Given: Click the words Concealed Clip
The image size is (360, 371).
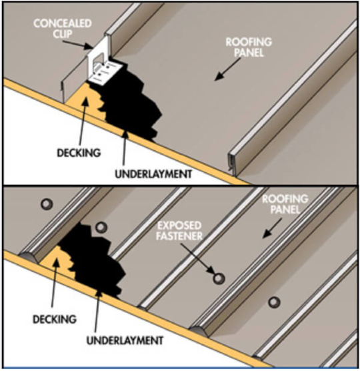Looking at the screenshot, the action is pyautogui.click(x=63, y=29).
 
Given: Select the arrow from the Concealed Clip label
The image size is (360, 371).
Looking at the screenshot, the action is pyautogui.click(x=77, y=45).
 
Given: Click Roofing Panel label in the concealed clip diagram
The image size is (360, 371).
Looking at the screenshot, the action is pyautogui.click(x=249, y=47).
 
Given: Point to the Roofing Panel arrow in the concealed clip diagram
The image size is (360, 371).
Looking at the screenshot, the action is pyautogui.click(x=228, y=69).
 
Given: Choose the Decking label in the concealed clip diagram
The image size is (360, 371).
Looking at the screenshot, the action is pyautogui.click(x=79, y=153).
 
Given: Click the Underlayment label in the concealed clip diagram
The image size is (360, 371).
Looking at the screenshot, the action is pyautogui.click(x=153, y=174).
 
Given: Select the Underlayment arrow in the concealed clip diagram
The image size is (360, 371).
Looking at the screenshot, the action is pyautogui.click(x=125, y=148).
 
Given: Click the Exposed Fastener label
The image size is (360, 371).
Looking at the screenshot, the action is pyautogui.click(x=179, y=231).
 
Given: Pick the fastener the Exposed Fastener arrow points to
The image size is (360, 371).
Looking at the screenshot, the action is pyautogui.click(x=219, y=278).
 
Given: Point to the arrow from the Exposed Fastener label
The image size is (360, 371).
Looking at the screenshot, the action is pyautogui.click(x=197, y=258).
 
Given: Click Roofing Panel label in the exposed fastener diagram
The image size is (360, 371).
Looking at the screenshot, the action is pyautogui.click(x=285, y=204).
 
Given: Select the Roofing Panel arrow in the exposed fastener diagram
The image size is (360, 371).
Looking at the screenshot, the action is pyautogui.click(x=272, y=228).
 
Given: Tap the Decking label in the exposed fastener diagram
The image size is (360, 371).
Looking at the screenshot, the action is pyautogui.click(x=55, y=319).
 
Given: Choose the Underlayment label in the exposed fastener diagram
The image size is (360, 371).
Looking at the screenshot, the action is pyautogui.click(x=125, y=340).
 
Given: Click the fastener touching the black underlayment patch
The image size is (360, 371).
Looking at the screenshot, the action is pyautogui.click(x=101, y=227).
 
